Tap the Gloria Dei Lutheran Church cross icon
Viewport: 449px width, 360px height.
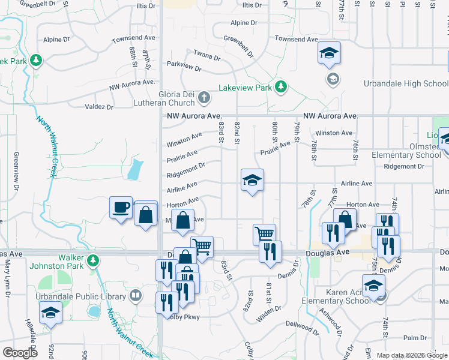[x=204, y=97]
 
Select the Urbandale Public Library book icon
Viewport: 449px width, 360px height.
[x=136, y=295]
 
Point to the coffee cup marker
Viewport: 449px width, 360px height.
[x=121, y=208]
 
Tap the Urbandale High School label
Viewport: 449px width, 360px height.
[x=406, y=83]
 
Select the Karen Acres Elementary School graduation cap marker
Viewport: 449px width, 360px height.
[x=373, y=285]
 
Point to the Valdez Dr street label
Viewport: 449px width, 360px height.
[x=99, y=107]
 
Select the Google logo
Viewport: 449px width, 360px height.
[x=20, y=352]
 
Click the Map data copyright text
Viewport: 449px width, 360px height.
[x=412, y=355]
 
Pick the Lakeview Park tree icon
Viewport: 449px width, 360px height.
[x=280, y=88]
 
